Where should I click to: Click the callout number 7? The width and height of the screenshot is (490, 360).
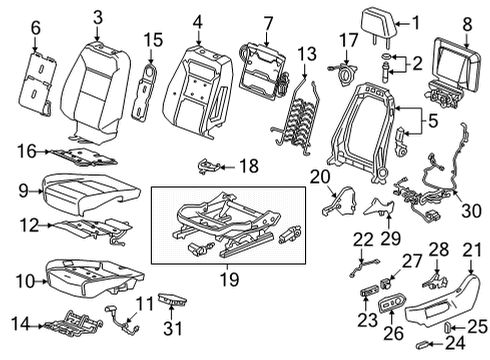click(267, 23)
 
